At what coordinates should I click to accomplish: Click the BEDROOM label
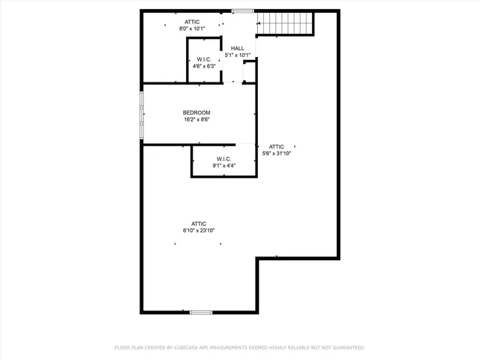tap(196, 112)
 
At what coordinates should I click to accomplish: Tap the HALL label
tap(237, 48)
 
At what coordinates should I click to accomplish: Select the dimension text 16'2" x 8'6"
tap(196, 119)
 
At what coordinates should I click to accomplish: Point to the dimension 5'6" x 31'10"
tap(277, 153)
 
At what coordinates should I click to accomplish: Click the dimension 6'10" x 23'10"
tap(199, 230)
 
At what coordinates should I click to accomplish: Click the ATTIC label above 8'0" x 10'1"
tap(192, 22)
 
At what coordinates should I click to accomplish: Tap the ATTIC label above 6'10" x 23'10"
tap(199, 223)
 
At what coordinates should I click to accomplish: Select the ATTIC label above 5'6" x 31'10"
tap(277, 146)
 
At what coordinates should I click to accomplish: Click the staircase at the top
tap(285, 23)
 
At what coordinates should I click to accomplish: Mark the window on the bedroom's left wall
tap(141, 114)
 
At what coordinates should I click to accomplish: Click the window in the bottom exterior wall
tap(200, 312)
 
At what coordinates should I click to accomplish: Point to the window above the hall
tap(242, 10)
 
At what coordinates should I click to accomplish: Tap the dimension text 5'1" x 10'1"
tap(237, 55)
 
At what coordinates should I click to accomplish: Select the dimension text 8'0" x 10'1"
tap(192, 28)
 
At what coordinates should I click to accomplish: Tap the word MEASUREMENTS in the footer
tap(232, 348)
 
